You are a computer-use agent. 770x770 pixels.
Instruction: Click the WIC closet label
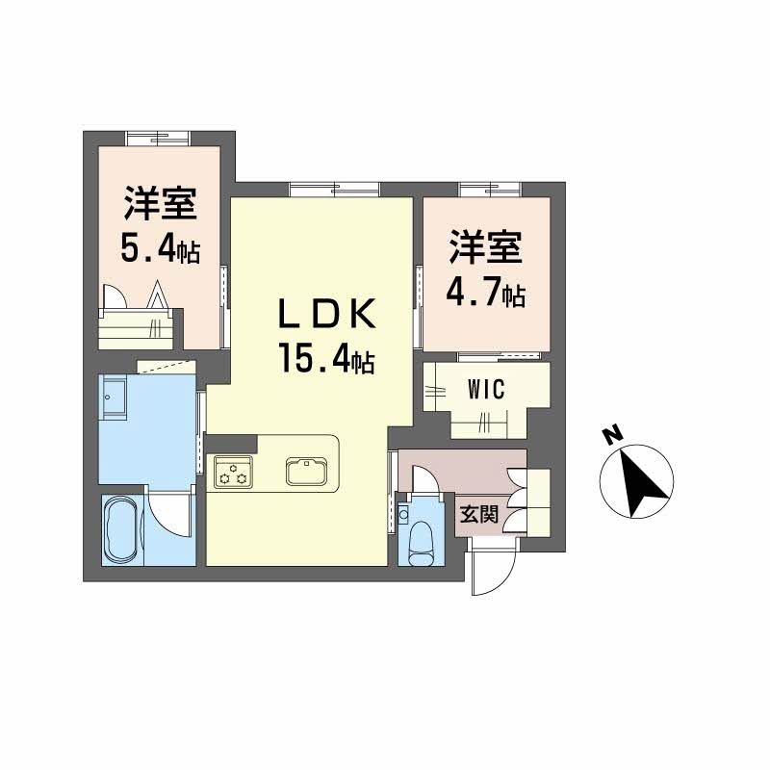pos(486,390)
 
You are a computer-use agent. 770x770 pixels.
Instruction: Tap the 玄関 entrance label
pos(477,515)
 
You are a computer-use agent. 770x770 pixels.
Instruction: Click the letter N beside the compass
pos(610,436)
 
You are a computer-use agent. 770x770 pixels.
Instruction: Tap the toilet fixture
pos(423,545)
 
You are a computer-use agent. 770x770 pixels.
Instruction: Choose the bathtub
pos(122,531)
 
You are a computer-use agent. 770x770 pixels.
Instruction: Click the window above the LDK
pos(333,188)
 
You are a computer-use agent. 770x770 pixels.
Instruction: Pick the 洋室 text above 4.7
pos(485,247)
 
